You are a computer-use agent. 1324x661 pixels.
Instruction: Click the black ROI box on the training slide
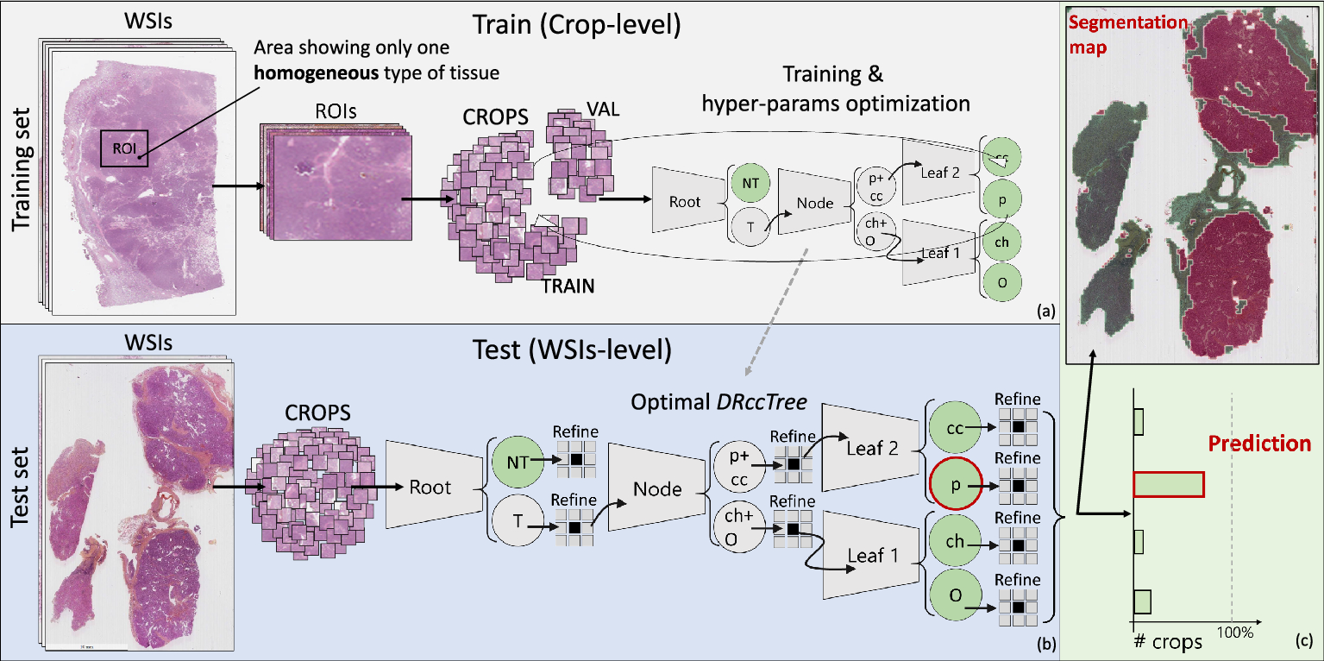(x=124, y=148)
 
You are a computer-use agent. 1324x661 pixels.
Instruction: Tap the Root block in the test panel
(x=430, y=488)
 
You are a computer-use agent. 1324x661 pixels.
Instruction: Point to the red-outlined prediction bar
(x=1168, y=485)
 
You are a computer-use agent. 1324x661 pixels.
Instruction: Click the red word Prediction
(x=1259, y=444)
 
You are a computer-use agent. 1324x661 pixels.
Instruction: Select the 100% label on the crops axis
(x=1234, y=633)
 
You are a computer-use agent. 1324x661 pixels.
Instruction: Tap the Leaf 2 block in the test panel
(x=871, y=448)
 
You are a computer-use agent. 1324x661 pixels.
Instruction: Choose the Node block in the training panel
(x=814, y=203)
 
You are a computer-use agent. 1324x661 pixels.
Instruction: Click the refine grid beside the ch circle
(x=1018, y=546)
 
